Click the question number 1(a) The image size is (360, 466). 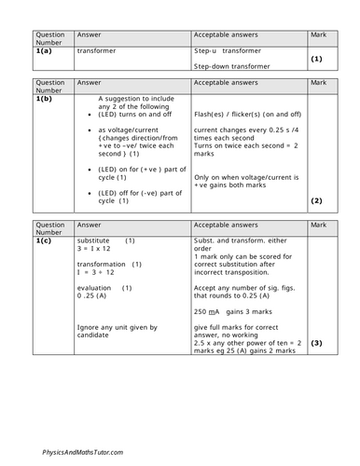[47, 52]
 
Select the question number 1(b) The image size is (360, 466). [47, 97]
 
